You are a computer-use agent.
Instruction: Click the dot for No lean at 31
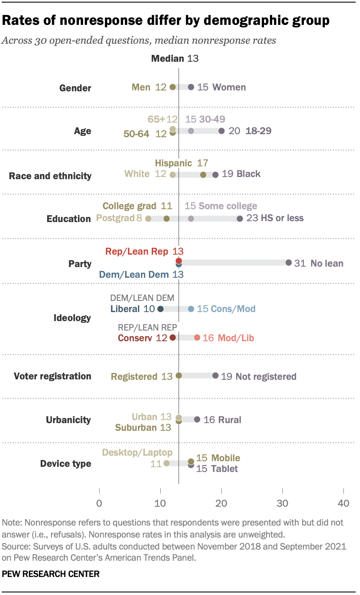[x=288, y=263]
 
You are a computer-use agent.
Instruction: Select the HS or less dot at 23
[x=240, y=219]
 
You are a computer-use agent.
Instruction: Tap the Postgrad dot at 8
[x=148, y=219]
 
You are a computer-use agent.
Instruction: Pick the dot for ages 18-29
[x=221, y=131]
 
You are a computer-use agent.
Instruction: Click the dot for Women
[x=191, y=87]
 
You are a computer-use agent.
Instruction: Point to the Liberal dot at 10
[x=160, y=309]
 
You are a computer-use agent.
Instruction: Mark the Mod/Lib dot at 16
[x=197, y=338]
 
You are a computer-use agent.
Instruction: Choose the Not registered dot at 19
[x=215, y=376]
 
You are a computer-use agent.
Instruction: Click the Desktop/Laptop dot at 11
[x=166, y=463]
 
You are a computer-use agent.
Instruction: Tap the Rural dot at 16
[x=197, y=419]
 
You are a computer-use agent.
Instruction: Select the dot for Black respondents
[x=215, y=174]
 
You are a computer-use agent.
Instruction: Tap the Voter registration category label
[x=52, y=376]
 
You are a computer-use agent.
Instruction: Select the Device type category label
[x=66, y=463]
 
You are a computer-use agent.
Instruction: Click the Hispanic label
[x=174, y=163]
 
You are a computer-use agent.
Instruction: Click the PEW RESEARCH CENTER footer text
[x=51, y=574]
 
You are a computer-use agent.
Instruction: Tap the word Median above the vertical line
[x=168, y=59]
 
